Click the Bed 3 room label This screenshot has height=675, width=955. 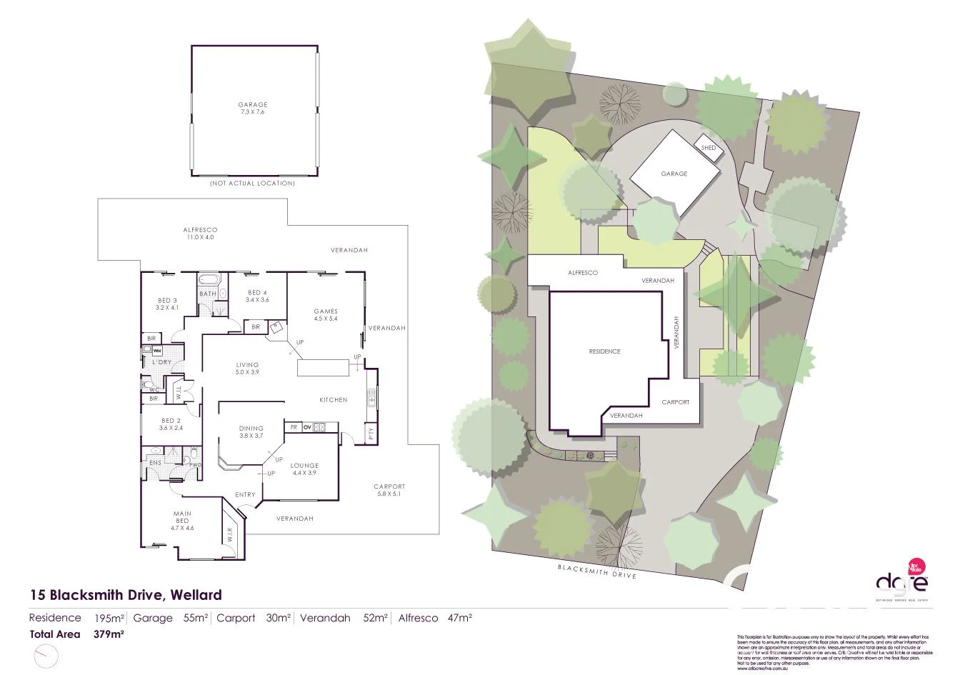click(166, 304)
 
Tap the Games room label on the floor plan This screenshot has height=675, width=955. click(326, 315)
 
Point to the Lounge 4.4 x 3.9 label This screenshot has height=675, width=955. click(304, 469)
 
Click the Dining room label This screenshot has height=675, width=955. click(251, 432)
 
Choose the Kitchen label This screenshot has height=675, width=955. click(333, 400)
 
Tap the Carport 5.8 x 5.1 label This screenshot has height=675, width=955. click(389, 491)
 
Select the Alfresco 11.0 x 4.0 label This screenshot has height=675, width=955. click(200, 234)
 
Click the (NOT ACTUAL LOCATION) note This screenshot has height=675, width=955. click(252, 184)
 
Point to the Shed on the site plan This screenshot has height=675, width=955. click(709, 148)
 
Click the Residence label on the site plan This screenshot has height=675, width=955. click(604, 351)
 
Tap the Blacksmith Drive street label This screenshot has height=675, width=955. click(597, 571)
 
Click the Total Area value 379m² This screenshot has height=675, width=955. click(109, 634)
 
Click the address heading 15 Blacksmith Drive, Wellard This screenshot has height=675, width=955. click(126, 594)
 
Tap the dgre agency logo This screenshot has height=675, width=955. click(902, 582)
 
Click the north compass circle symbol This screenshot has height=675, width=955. click(44, 654)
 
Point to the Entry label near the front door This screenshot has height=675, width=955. click(245, 495)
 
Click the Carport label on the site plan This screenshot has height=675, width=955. click(675, 402)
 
